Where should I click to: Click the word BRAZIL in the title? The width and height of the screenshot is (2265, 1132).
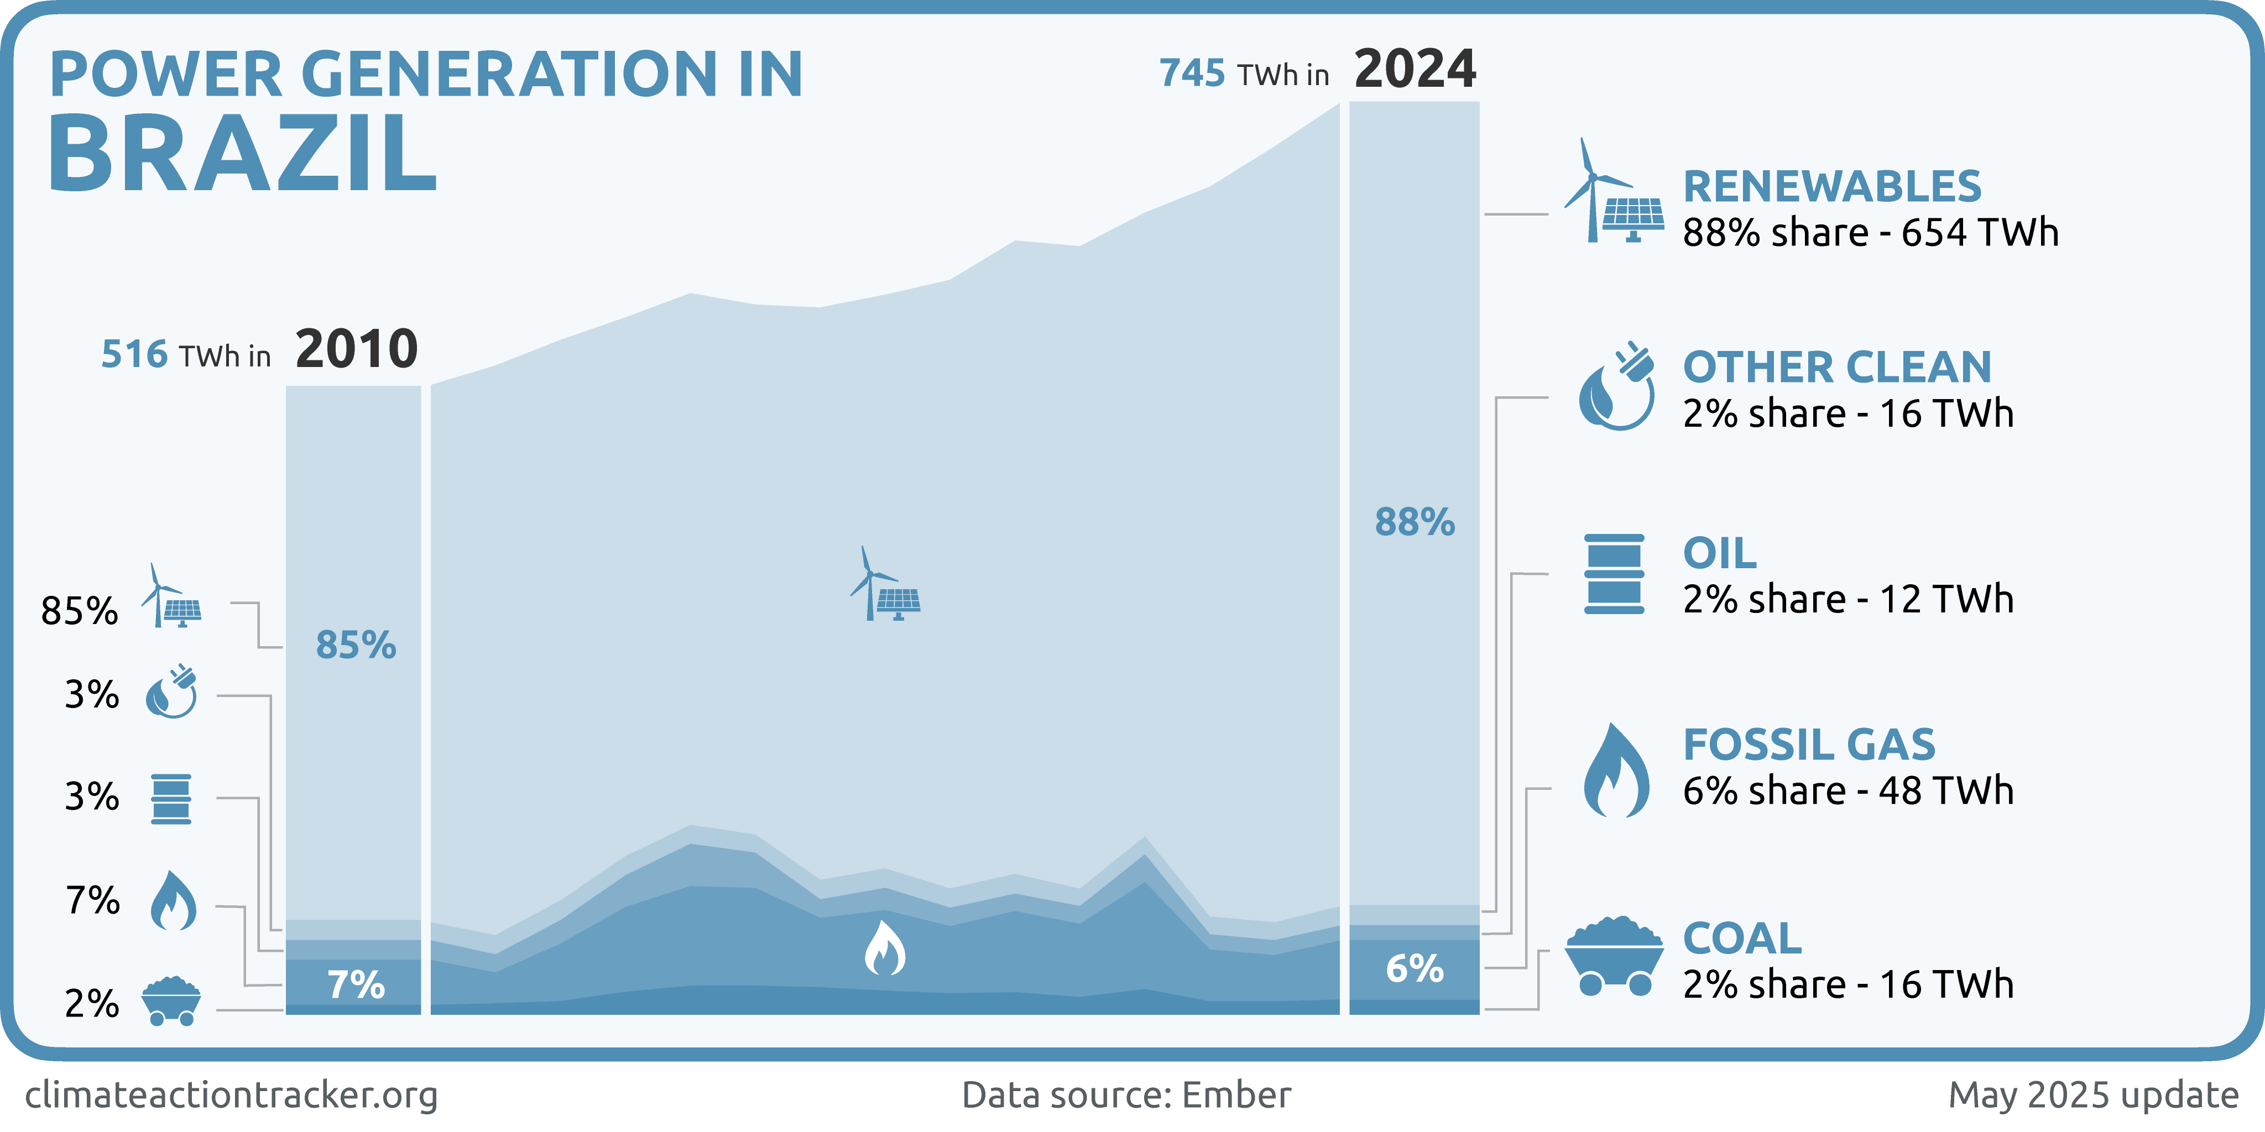click(x=242, y=154)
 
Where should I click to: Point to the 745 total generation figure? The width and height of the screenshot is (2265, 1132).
click(x=1192, y=73)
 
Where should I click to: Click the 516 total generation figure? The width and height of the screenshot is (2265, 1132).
click(x=134, y=354)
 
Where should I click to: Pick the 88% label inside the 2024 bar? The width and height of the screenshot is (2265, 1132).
click(x=1415, y=522)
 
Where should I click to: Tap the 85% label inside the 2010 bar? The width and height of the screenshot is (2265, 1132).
click(x=356, y=645)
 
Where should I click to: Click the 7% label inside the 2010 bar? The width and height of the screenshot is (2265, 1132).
click(x=356, y=985)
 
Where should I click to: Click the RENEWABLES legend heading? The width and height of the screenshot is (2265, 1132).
click(x=1833, y=186)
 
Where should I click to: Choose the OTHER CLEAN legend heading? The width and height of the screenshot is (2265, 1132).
click(x=1837, y=368)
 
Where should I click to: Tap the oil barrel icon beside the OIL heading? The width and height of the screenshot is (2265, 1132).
click(x=1614, y=573)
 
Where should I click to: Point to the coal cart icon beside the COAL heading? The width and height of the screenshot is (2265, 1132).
click(x=1614, y=956)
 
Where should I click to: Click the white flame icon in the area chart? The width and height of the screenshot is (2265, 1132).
click(x=885, y=949)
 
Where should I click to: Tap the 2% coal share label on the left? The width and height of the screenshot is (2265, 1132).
click(x=91, y=1004)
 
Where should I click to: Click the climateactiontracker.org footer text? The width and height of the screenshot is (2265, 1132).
click(x=231, y=1095)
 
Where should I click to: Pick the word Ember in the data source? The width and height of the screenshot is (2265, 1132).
click(x=1236, y=1095)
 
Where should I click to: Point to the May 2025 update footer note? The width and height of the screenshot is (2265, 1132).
click(x=2092, y=1095)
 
